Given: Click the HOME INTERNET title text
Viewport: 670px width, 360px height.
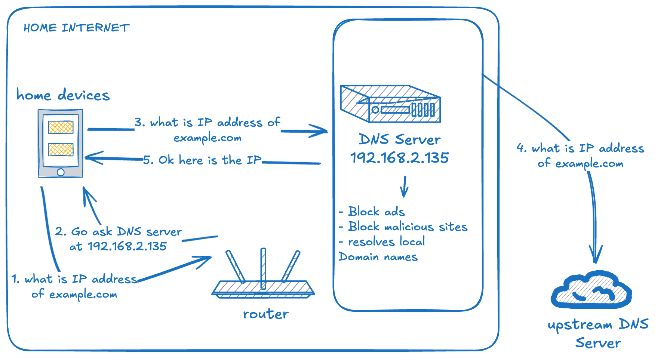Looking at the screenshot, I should (76, 28).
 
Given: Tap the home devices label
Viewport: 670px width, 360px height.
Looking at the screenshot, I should (63, 95).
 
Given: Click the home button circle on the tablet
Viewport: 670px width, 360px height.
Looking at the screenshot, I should (61, 172).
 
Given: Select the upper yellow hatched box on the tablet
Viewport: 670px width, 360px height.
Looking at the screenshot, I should (61, 127).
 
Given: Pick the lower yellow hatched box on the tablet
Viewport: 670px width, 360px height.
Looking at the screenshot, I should (61, 150).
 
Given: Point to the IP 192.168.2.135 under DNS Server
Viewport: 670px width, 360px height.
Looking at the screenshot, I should (399, 158).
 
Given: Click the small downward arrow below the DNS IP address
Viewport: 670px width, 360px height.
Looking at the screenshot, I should (404, 187).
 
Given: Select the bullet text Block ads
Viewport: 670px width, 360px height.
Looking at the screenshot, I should (376, 212).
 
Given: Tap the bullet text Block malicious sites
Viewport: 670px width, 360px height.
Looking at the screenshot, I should (408, 227).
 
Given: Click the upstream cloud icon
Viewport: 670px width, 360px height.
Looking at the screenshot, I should (591, 291).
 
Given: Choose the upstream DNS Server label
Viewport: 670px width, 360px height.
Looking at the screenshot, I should (598, 333).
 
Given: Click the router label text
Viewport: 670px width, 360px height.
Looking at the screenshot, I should (265, 314).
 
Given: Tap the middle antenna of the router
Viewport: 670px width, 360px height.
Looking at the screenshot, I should (263, 268).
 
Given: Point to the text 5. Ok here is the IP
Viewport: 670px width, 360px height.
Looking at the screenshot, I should (202, 160).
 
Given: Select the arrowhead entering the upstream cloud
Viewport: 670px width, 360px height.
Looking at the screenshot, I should (596, 258).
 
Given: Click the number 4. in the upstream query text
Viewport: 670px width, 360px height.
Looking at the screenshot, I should (521, 148).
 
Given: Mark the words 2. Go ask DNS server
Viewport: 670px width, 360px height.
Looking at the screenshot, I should (118, 232).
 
